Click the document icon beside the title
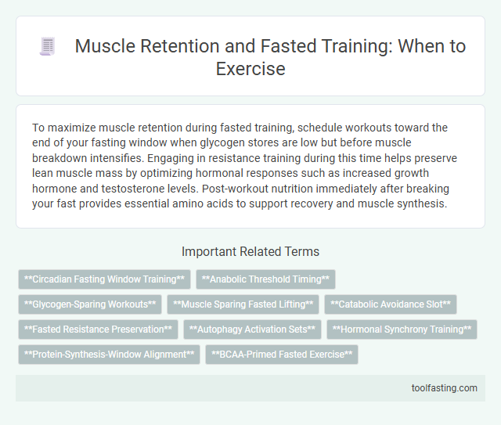point(49,47)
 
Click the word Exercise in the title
point(250,69)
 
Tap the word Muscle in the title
point(103,47)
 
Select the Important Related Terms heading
point(250,252)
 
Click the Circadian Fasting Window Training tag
point(104,279)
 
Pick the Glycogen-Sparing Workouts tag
point(90,304)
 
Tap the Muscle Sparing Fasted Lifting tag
point(243,304)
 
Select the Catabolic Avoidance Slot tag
point(390,304)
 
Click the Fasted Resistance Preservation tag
point(98,330)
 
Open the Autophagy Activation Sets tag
point(252,330)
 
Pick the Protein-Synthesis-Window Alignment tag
point(109,355)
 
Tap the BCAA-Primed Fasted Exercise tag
point(282,355)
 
